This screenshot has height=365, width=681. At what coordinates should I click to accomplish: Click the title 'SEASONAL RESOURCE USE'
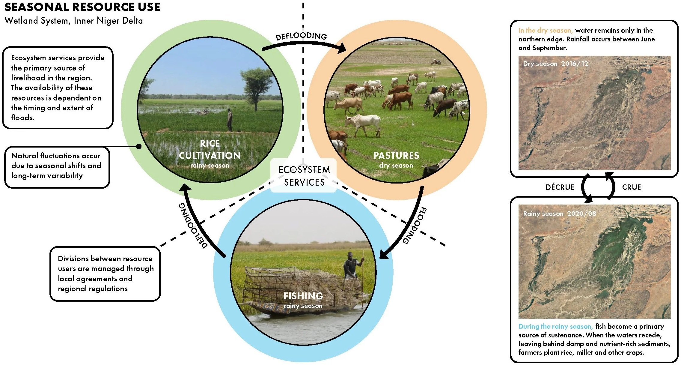[82, 7]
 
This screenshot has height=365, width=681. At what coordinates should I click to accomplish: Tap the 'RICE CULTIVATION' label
[210, 149]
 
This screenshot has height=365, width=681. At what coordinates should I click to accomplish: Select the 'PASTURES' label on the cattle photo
[396, 155]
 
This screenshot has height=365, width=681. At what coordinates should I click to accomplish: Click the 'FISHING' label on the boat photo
[303, 296]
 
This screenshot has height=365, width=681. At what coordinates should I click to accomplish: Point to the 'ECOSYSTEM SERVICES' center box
[304, 176]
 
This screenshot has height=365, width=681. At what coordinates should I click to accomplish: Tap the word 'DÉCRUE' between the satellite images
[560, 187]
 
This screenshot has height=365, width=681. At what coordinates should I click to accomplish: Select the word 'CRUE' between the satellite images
[632, 187]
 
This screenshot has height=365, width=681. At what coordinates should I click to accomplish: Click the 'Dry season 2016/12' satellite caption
[555, 64]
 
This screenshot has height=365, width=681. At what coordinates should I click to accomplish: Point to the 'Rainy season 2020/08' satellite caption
[559, 214]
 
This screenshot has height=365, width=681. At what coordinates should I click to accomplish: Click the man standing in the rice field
[230, 120]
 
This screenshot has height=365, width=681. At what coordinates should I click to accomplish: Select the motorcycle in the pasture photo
[436, 62]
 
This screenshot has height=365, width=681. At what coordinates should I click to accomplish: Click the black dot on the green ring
[139, 146]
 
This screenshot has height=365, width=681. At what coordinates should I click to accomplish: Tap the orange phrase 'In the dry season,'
[546, 30]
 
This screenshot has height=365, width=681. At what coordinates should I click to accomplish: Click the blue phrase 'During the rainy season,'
[556, 326]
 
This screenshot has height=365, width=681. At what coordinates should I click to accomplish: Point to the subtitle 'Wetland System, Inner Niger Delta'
[74, 21]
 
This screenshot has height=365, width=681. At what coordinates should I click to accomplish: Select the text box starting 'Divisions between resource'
[105, 274]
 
